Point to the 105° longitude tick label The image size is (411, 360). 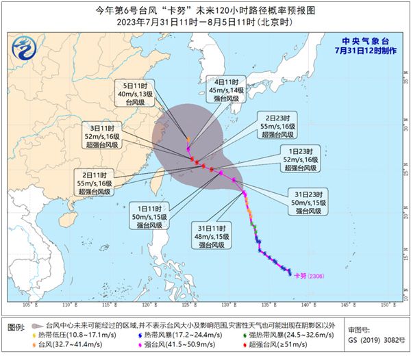pos(28,305)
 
